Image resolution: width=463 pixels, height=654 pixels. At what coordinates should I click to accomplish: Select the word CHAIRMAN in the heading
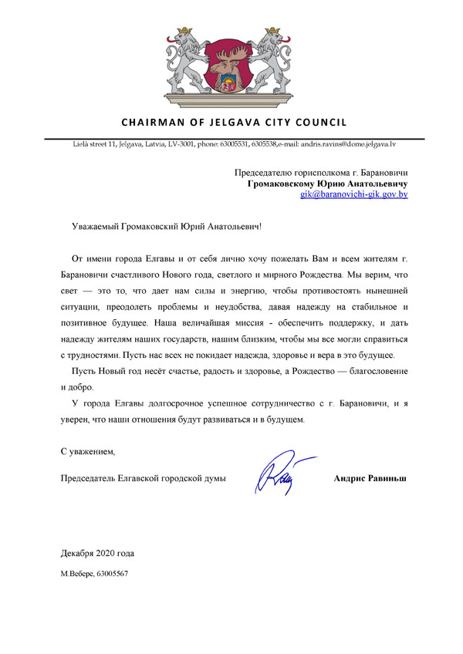[150, 122]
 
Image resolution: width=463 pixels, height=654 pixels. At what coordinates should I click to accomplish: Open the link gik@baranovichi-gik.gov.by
[354, 196]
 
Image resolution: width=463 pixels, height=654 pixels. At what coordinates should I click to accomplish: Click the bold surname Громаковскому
[286, 184]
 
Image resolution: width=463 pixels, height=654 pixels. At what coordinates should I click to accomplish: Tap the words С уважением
[88, 450]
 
